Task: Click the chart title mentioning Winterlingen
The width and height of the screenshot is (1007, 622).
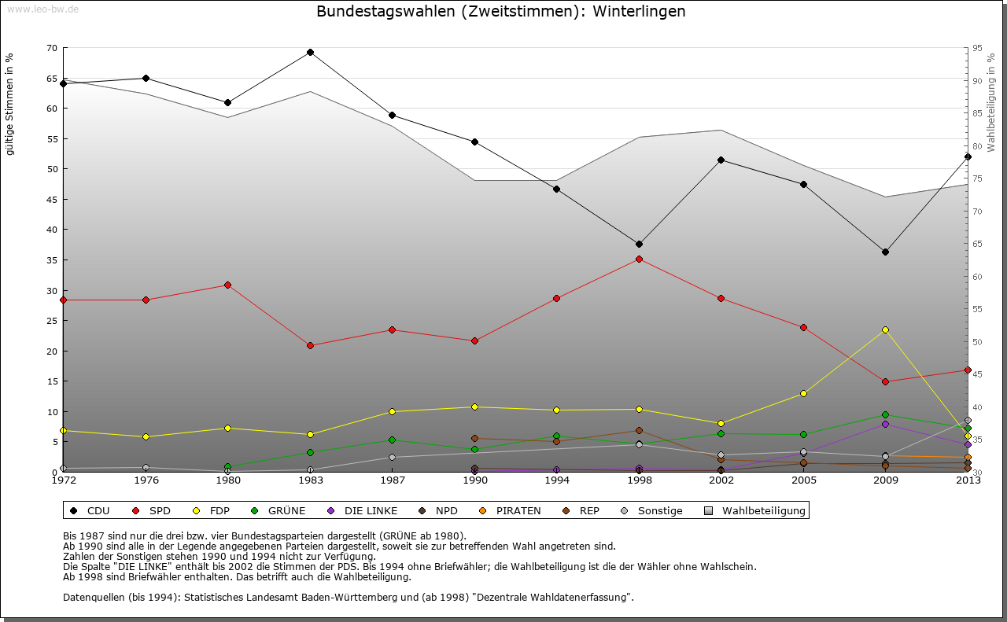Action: coord(500,12)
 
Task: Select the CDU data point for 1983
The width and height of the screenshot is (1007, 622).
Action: coord(310,53)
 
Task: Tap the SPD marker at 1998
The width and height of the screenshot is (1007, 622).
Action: coord(639,259)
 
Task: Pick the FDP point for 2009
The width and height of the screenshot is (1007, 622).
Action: coord(885,330)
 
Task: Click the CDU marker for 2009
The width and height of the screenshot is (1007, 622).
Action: coord(885,252)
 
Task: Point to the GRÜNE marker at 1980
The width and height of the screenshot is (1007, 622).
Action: coord(228,467)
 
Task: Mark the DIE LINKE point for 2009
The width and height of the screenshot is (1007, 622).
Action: coord(885,425)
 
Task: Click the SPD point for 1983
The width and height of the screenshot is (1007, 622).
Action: coord(310,346)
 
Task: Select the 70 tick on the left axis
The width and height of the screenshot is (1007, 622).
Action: coord(52,48)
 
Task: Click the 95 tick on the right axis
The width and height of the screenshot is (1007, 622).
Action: coord(977,48)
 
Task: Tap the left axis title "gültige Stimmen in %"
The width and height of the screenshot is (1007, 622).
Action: coord(10,105)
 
